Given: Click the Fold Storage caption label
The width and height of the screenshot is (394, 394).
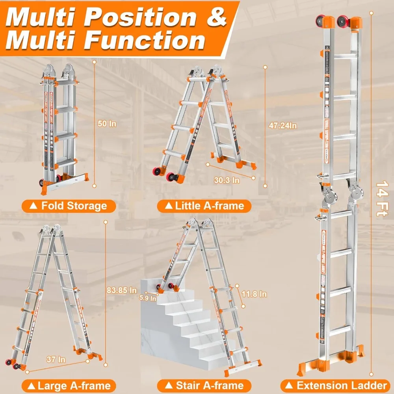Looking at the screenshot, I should coord(69,206).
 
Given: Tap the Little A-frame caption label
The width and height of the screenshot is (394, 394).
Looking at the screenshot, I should coord(204,206).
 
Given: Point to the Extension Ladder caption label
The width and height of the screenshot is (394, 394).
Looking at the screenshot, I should coord(337,385).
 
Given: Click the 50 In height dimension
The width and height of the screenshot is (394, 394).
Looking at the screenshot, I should coord(107,124).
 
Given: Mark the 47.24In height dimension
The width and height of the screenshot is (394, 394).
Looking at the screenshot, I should coord(283,125).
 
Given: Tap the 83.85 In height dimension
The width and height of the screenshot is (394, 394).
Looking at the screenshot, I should coord(122,290).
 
